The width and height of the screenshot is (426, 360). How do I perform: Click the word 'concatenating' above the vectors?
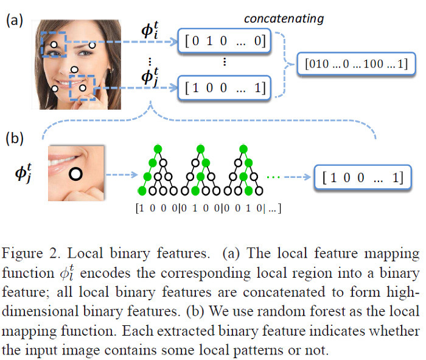284,19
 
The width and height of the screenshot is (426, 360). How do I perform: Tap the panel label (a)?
15,20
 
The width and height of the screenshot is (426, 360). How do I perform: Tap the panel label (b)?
15,138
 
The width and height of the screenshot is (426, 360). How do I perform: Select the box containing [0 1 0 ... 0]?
225,41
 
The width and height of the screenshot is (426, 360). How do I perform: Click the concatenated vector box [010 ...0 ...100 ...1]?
356,64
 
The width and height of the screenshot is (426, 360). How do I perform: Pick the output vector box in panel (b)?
363,177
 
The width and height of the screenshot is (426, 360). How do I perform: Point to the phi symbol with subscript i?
150,30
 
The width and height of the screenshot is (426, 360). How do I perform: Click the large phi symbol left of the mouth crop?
23,173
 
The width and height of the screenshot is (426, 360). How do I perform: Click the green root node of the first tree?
158,149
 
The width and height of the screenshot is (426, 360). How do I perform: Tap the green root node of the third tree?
243,149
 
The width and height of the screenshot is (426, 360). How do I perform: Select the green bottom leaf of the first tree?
142,191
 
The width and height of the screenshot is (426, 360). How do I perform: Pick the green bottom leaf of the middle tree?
195,191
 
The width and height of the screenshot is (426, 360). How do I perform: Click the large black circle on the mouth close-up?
75,174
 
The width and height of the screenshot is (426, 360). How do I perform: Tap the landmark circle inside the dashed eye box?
54,44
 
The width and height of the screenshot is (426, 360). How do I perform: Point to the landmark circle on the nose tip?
74,69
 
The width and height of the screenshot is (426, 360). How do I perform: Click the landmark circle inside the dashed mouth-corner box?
83,88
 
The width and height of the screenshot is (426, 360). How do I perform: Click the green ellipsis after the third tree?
273,177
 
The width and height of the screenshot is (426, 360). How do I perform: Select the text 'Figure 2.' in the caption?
30,253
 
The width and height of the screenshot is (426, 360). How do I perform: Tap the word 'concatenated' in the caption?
284,292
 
